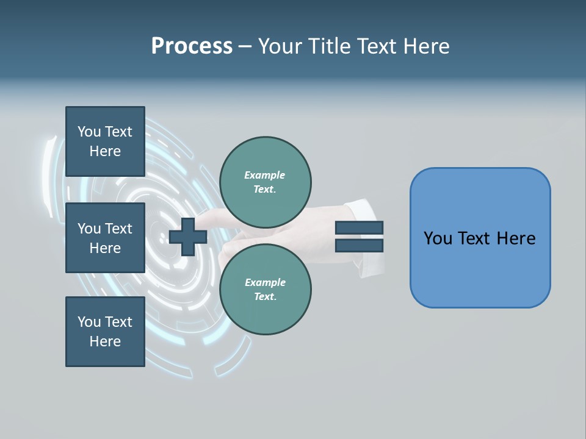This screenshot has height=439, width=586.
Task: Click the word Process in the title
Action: (192, 46)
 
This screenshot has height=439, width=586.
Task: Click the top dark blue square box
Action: (105, 141)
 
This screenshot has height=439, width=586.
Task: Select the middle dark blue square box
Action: (105, 238)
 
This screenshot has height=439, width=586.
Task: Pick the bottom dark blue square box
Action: (105, 332)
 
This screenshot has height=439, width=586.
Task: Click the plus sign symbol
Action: (187, 237)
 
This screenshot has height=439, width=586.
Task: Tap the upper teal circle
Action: (266, 182)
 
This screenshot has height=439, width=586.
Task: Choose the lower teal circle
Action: (266, 289)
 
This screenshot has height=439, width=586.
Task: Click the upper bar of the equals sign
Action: (359, 227)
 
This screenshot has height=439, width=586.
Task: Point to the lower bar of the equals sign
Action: (359, 246)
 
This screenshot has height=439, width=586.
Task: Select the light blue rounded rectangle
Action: (480, 238)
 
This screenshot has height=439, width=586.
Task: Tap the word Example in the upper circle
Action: (264, 175)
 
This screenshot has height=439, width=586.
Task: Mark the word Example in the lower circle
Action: (265, 282)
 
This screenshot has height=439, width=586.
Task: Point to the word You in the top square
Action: (89, 132)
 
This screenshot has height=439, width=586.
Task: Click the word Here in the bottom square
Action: (105, 341)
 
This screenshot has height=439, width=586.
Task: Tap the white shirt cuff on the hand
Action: (369, 241)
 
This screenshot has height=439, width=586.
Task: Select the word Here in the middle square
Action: (105, 248)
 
